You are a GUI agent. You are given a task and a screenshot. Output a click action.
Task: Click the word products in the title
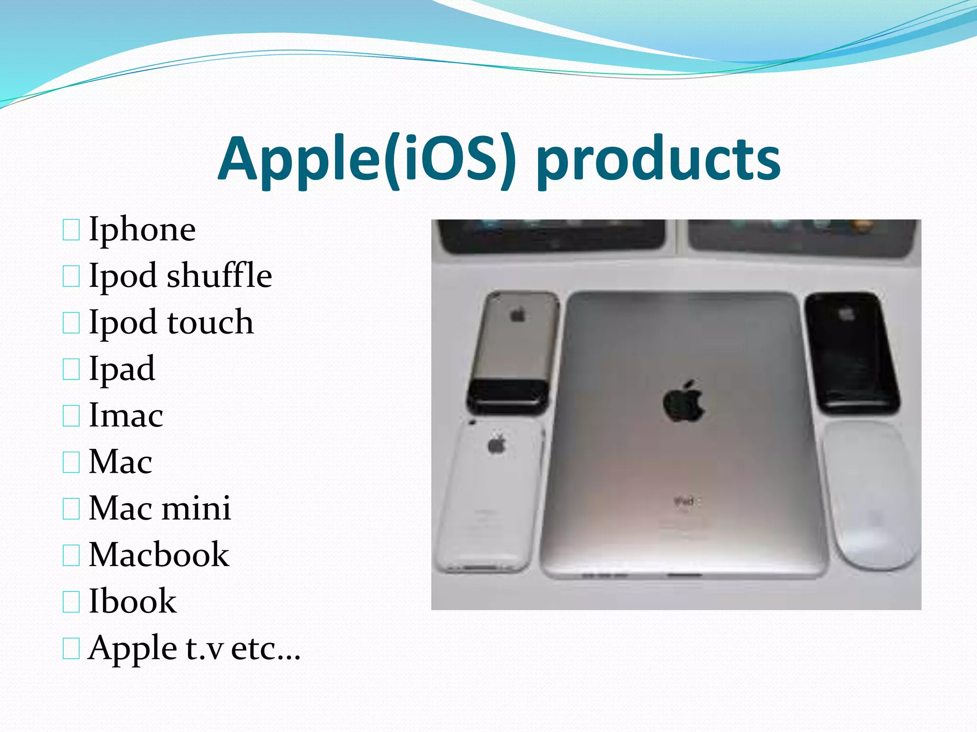[x=658, y=160]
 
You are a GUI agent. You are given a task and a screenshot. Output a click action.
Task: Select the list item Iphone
[x=142, y=230]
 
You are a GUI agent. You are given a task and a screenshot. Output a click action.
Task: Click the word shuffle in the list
[x=219, y=275]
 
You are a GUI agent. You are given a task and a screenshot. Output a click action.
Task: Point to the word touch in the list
[x=210, y=322]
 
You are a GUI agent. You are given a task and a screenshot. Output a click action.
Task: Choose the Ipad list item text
[x=122, y=369]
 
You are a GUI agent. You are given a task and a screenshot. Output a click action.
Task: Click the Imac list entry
[x=126, y=415]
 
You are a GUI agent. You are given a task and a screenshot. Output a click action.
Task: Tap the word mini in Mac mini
[x=196, y=508]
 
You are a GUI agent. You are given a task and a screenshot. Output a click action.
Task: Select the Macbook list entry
[x=159, y=555]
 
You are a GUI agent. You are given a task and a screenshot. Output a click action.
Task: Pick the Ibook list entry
[x=133, y=601]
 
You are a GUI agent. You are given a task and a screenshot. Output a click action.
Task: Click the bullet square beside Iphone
[x=71, y=230]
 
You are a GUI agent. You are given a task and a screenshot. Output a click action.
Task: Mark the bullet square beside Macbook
[x=71, y=555]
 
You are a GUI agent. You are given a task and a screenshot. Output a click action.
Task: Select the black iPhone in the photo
[x=852, y=353]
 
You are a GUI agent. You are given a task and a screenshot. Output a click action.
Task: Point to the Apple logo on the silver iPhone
[x=518, y=315]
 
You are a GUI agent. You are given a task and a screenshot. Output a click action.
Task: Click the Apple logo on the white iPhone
[x=497, y=444]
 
